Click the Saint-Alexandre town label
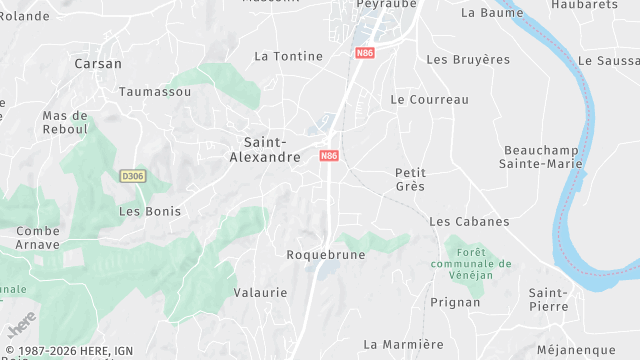(x=265, y=150)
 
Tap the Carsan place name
(x=98, y=64)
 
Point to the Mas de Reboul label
(x=65, y=122)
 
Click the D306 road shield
(x=132, y=176)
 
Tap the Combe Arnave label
(x=38, y=237)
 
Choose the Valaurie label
(x=260, y=293)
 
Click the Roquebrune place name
(x=326, y=255)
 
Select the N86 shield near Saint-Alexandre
(x=329, y=156)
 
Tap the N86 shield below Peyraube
(x=364, y=52)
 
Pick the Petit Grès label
(x=410, y=179)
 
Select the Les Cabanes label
(x=468, y=221)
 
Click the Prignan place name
(x=455, y=301)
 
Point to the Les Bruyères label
(x=468, y=60)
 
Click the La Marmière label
(x=404, y=344)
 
